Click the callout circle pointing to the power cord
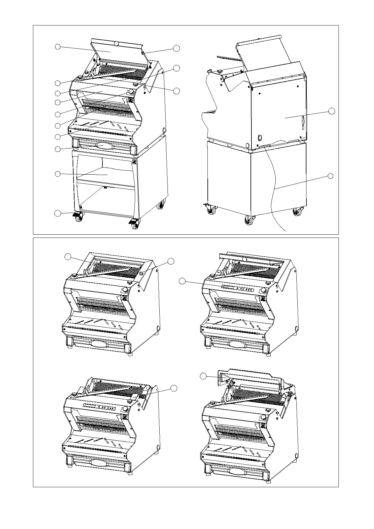click(x=330, y=176)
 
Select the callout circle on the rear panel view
click(x=332, y=111)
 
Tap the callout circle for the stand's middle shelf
click(x=58, y=174)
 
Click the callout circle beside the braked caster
click(x=57, y=213)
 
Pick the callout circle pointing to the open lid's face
click(x=58, y=47)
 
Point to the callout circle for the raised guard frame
click(x=203, y=376)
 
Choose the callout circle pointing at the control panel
click(x=182, y=281)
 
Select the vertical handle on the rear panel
click(x=303, y=123)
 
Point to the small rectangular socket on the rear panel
click(x=260, y=137)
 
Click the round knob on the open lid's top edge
click(x=116, y=44)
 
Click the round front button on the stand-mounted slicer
click(x=130, y=91)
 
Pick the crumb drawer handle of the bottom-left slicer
click(x=98, y=462)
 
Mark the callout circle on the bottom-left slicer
click(x=174, y=388)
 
